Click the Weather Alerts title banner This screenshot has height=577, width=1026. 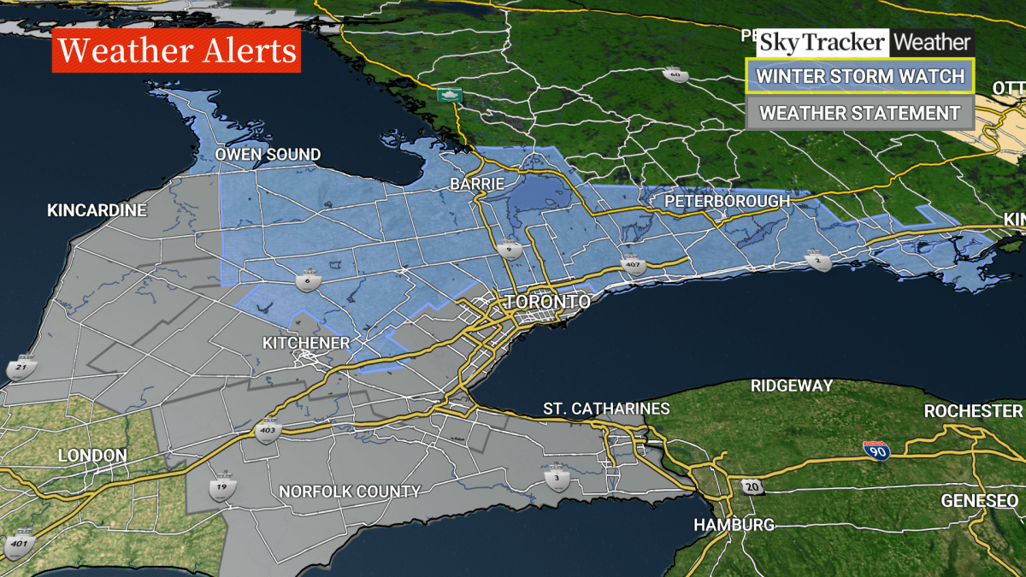pyautogui.click(x=176, y=51)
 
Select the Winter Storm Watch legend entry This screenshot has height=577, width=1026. pyautogui.click(x=860, y=75)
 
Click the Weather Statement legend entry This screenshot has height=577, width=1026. pyautogui.click(x=860, y=113)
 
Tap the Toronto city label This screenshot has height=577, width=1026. pyautogui.click(x=548, y=303)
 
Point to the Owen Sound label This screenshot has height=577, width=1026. pyautogui.click(x=268, y=155)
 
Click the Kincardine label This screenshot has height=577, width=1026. pyautogui.click(x=97, y=210)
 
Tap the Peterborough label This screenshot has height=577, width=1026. pyautogui.click(x=728, y=201)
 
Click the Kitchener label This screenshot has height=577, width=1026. pyautogui.click(x=306, y=343)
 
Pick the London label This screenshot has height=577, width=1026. pyautogui.click(x=92, y=456)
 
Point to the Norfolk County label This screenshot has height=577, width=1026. pyautogui.click(x=350, y=492)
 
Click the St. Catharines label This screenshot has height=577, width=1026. pyautogui.click(x=606, y=409)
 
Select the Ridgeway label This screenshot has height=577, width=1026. pyautogui.click(x=792, y=386)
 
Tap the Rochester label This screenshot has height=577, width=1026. pyautogui.click(x=973, y=411)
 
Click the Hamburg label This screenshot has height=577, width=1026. pyautogui.click(x=734, y=524)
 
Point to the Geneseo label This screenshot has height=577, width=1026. pyautogui.click(x=979, y=500)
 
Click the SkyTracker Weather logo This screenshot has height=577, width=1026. pyautogui.click(x=864, y=42)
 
